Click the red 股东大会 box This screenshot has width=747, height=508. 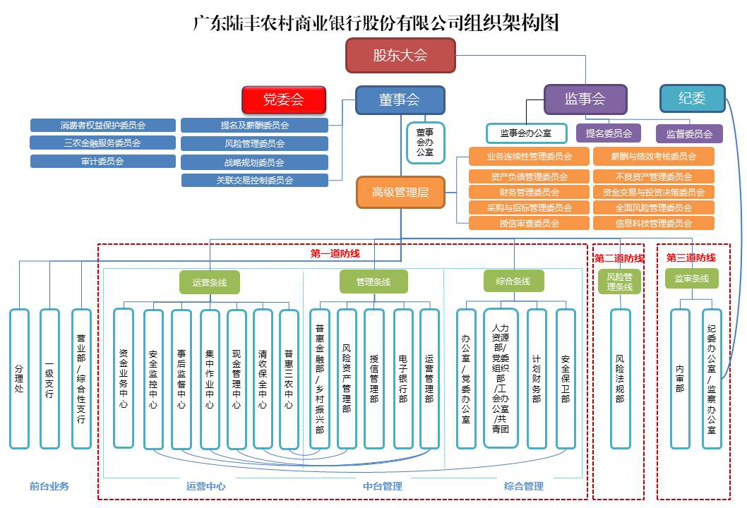pos(400,56)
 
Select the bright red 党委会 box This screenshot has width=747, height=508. pos(283,99)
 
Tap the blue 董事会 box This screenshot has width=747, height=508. pos(400,100)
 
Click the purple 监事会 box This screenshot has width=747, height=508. pos(585,99)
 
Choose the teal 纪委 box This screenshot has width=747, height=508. pos(692,99)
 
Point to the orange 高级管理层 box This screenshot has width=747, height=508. pos(400,192)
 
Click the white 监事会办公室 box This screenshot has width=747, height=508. pos(525,133)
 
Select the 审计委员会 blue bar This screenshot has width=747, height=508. pos(103,161)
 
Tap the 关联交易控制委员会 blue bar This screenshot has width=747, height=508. pos(255,180)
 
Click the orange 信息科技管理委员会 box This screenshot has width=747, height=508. pos(654,223)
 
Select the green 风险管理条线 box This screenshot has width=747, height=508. pos(620,282)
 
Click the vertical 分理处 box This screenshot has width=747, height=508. pos(19,379)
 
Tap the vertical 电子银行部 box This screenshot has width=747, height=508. pos(402,379)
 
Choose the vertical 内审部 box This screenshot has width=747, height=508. pos(679,379)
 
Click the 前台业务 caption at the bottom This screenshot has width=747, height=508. pos(49,486)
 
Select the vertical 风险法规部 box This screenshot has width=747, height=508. pos(620,379)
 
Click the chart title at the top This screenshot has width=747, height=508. pos(376,23)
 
